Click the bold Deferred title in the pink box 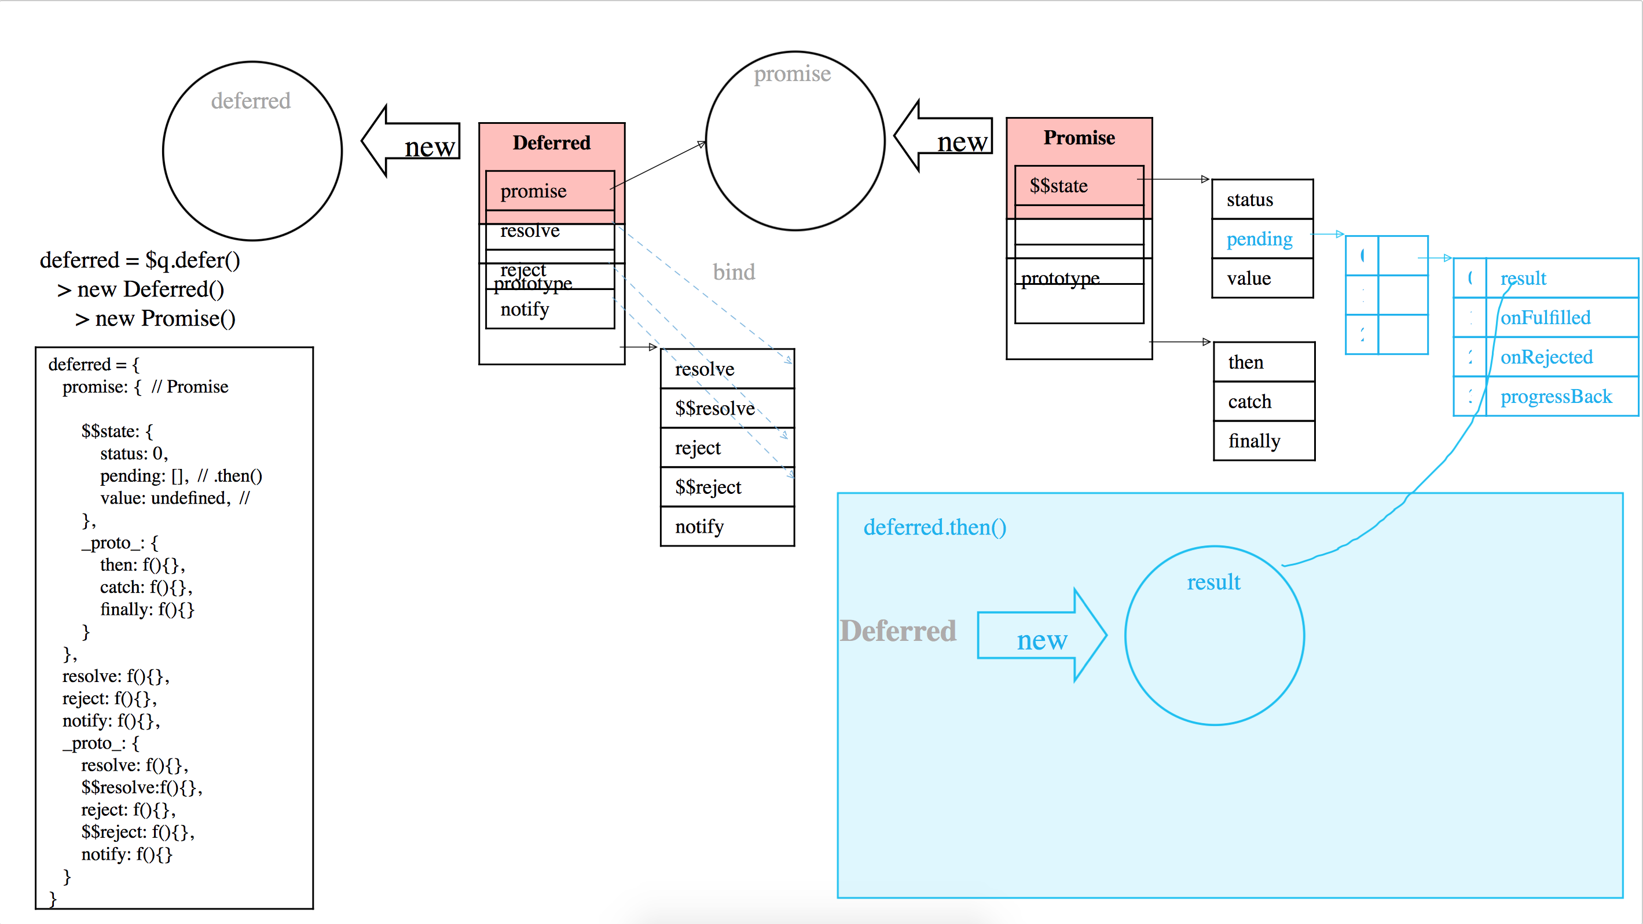pyautogui.click(x=552, y=143)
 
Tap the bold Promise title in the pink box pyautogui.click(x=1079, y=138)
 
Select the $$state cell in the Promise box pyautogui.click(x=1059, y=186)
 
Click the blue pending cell pyautogui.click(x=1260, y=239)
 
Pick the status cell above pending pyautogui.click(x=1250, y=200)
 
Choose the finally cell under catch pyautogui.click(x=1255, y=441)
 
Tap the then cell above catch pyautogui.click(x=1246, y=362)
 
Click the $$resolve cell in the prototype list pyautogui.click(x=715, y=408)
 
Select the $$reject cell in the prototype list pyautogui.click(x=709, y=487)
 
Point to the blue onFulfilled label pyautogui.click(x=1545, y=318)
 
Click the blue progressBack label pyautogui.click(x=1556, y=397)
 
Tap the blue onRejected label pyautogui.click(x=1547, y=357)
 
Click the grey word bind pyautogui.click(x=734, y=272)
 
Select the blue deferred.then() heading pyautogui.click(x=935, y=527)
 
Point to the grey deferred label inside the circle pyautogui.click(x=251, y=101)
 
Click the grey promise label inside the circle pyautogui.click(x=792, y=74)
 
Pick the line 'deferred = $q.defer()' pyautogui.click(x=140, y=260)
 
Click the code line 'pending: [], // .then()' pyautogui.click(x=181, y=476)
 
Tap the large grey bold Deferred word pyautogui.click(x=898, y=631)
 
